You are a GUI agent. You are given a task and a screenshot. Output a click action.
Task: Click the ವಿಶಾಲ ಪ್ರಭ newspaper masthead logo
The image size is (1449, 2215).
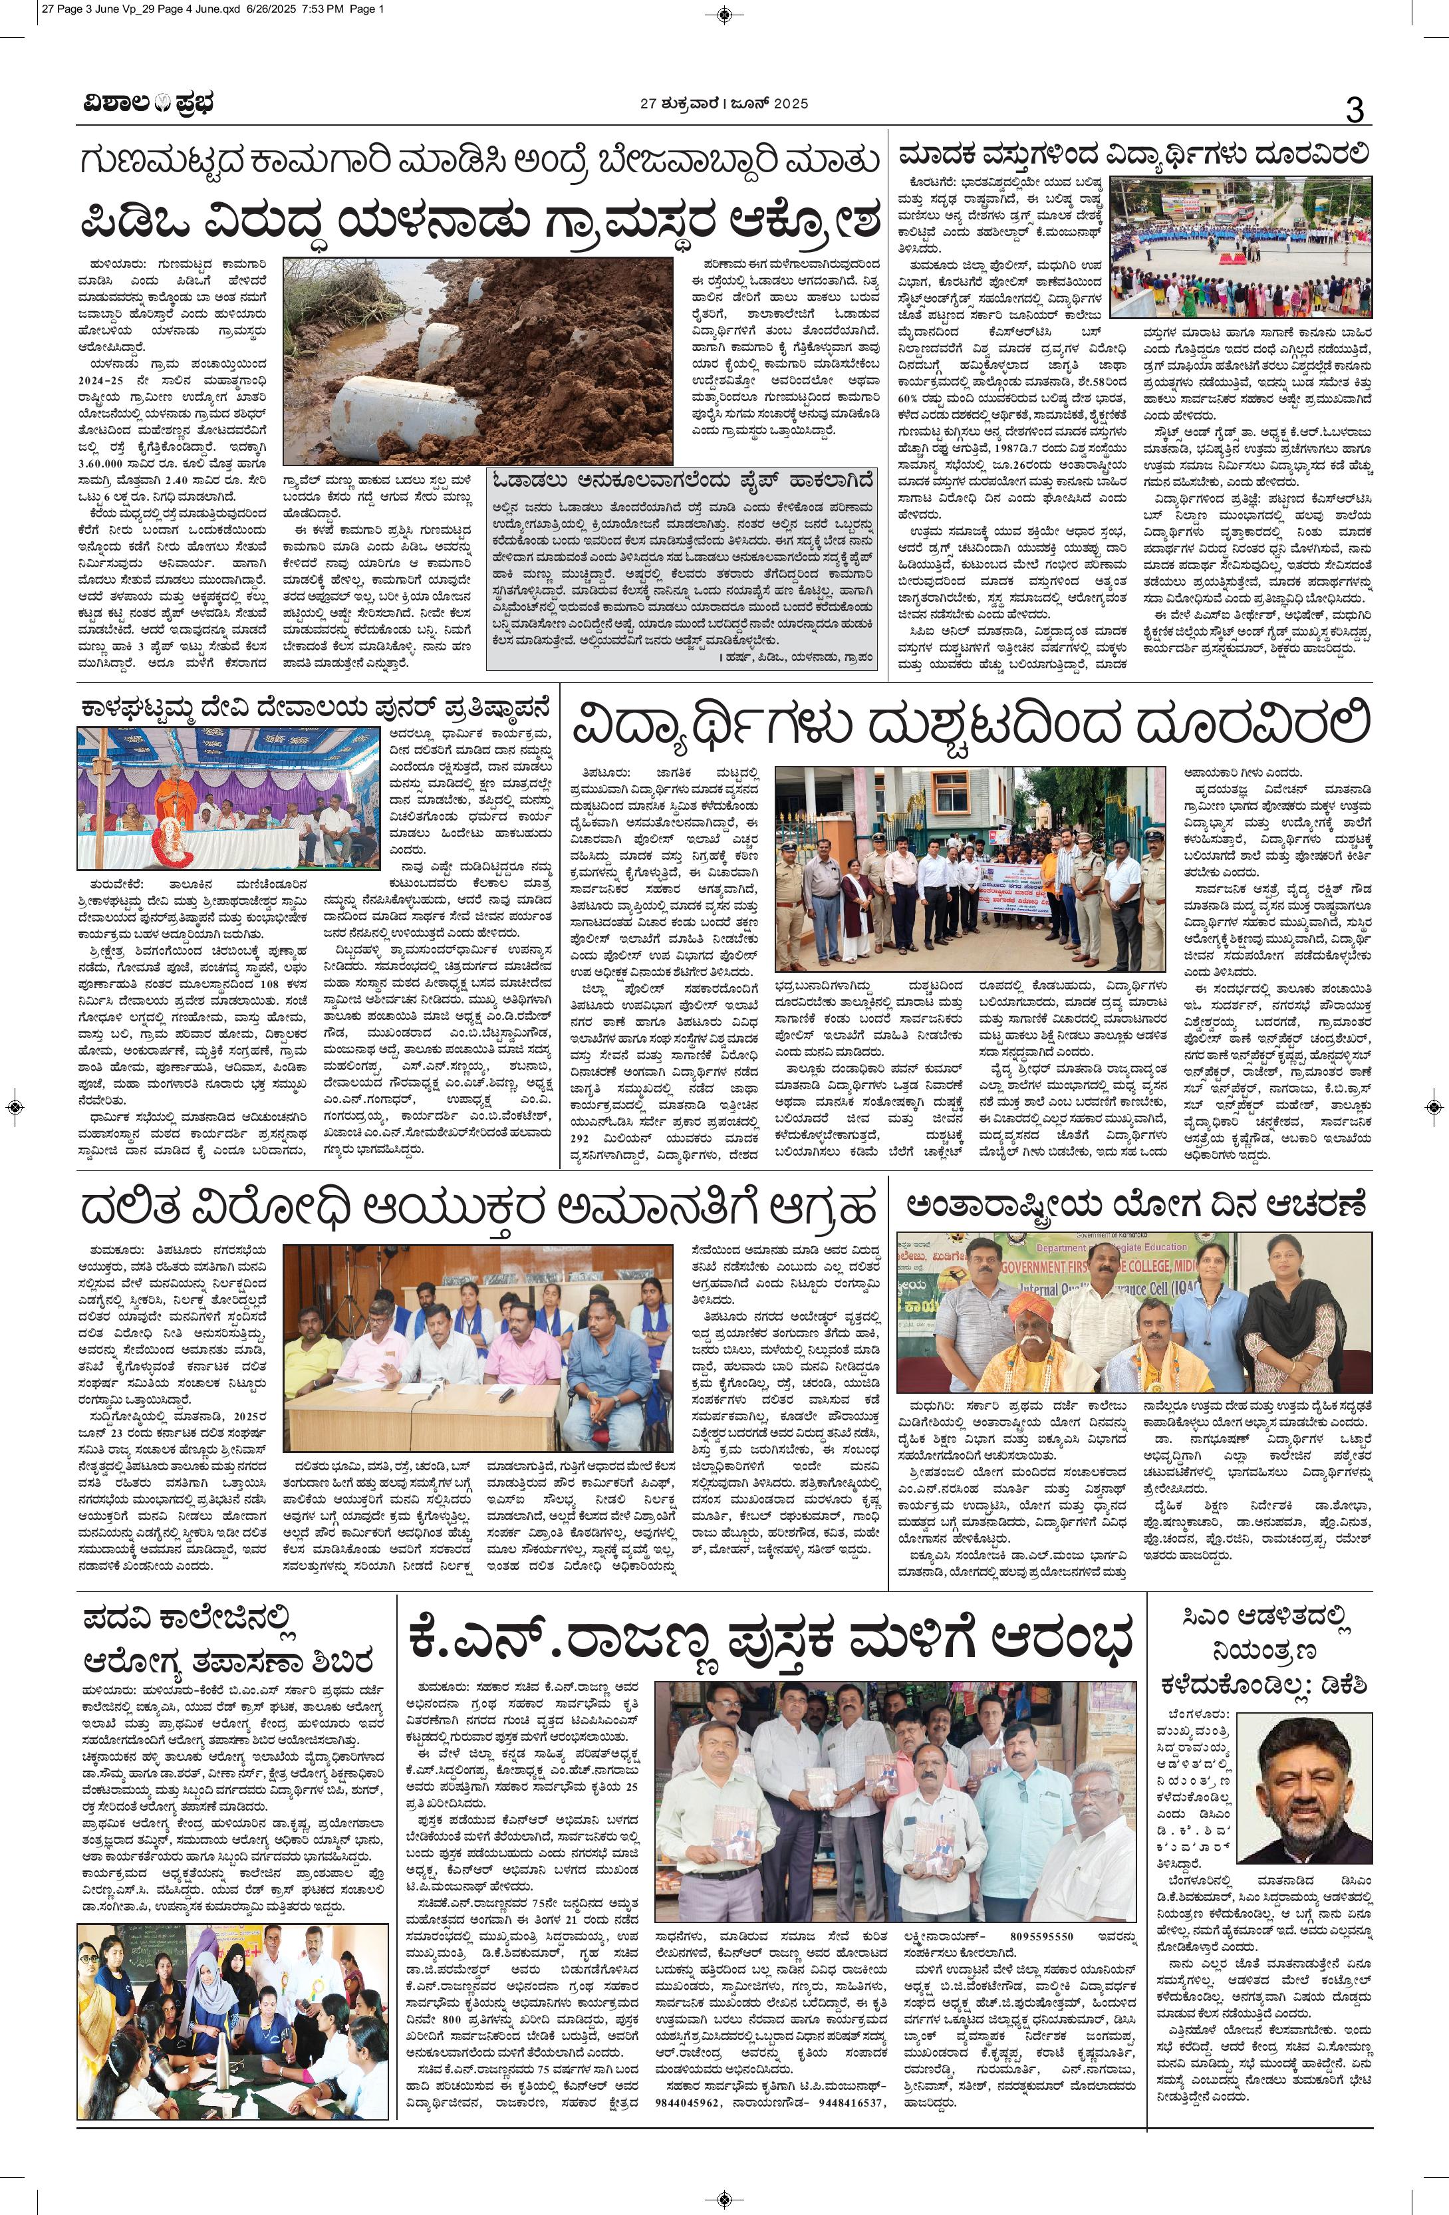click(x=144, y=104)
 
